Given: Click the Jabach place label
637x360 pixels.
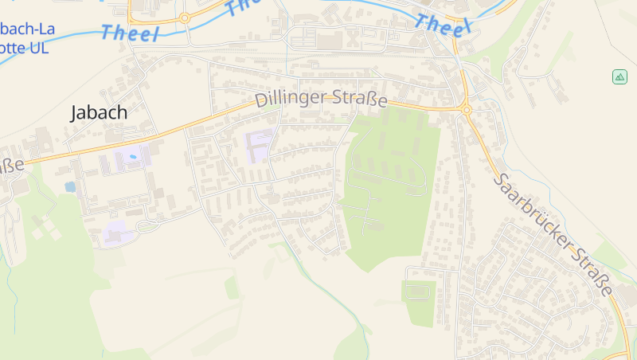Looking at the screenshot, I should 99,112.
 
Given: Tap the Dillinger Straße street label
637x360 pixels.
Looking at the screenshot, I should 321,100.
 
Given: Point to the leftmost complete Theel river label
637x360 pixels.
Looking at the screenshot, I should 131,33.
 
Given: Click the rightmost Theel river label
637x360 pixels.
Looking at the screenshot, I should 444,24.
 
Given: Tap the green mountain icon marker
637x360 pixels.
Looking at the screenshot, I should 619,77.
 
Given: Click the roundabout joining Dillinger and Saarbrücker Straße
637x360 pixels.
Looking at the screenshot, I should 467,109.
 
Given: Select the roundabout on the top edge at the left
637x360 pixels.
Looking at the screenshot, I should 185,17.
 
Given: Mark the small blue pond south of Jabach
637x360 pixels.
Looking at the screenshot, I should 70,187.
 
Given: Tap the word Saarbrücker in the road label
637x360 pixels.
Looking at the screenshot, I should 530,209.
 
